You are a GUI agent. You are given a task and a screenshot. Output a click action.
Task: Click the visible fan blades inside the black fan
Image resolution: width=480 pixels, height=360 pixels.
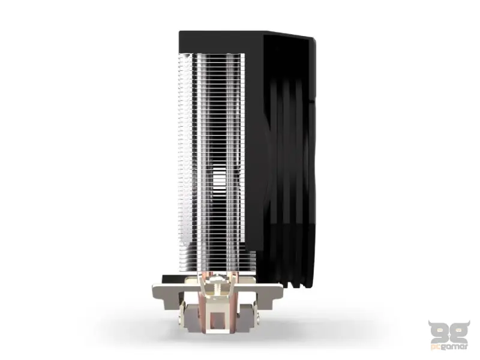coord(288,150)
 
